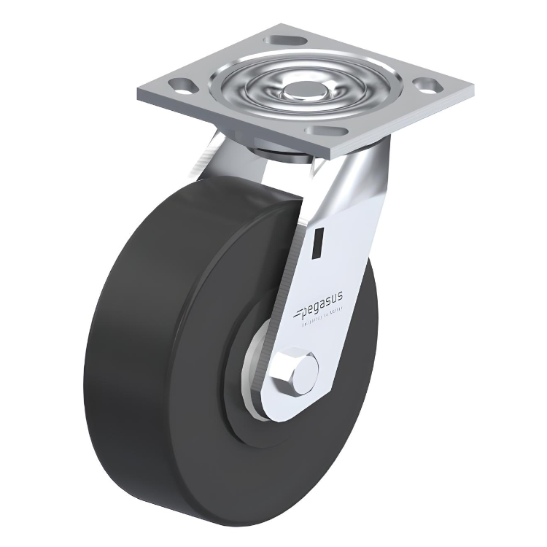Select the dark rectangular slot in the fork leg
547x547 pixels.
[x=319, y=243]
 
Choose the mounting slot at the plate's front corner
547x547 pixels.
[x=326, y=130]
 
